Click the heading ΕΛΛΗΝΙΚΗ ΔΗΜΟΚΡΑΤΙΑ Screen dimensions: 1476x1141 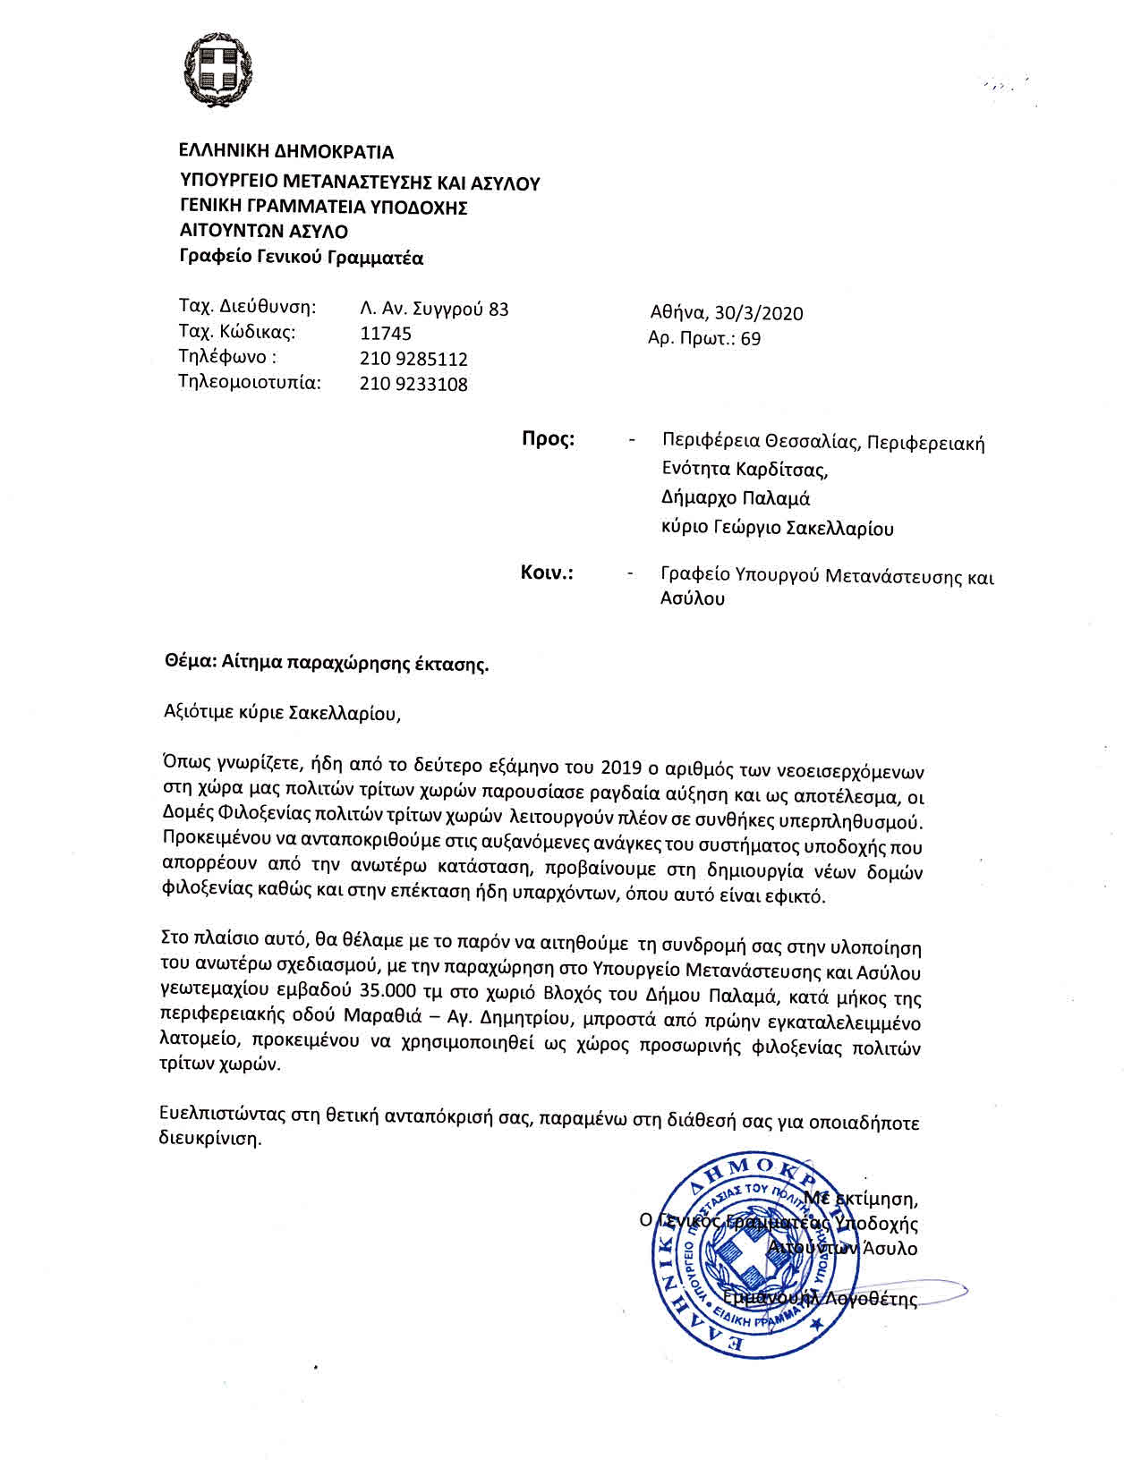point(286,151)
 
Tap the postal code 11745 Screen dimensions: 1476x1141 point(386,334)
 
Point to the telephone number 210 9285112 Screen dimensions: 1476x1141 point(413,360)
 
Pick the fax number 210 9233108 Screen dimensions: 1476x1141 point(413,385)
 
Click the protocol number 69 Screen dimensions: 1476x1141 point(751,339)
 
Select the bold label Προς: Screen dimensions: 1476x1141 point(548,439)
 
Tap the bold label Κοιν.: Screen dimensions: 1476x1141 point(547,573)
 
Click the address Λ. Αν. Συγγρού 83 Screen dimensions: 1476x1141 point(434,310)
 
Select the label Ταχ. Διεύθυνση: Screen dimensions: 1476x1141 point(248,308)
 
